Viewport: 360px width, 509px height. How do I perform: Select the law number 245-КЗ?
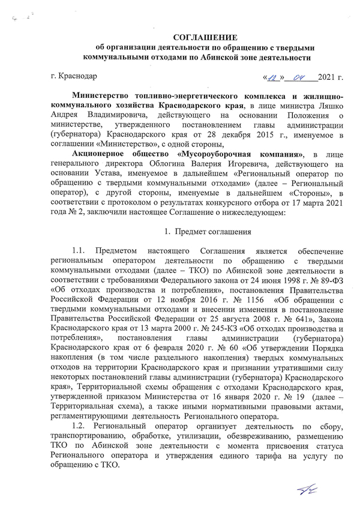coord(213,345)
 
